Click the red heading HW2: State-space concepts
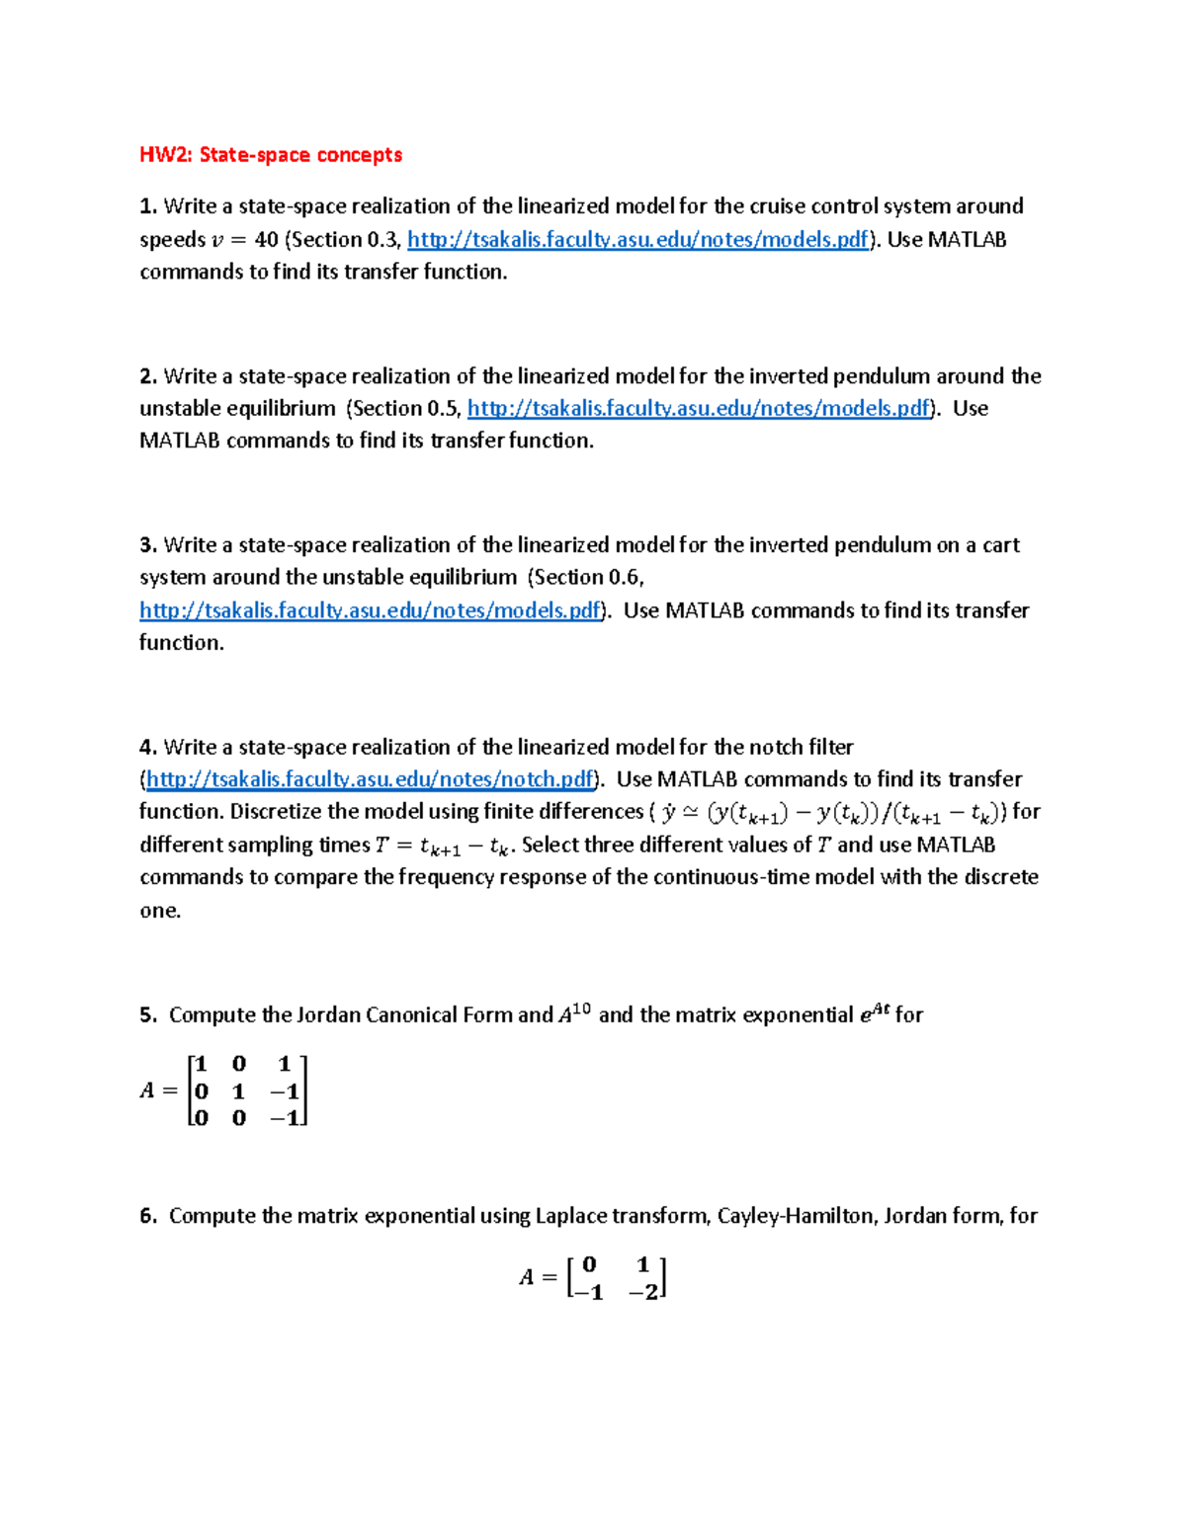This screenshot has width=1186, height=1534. pyautogui.click(x=270, y=155)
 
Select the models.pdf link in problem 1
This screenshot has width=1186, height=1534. pyautogui.click(x=637, y=240)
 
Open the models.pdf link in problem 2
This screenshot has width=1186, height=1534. pyautogui.click(x=698, y=409)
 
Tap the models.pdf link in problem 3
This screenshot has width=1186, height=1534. pyautogui.click(x=370, y=610)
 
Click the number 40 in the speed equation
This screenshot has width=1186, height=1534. pyautogui.click(x=266, y=240)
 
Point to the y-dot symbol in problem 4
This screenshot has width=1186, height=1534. pyautogui.click(x=669, y=812)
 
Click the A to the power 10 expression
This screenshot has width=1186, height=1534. pyautogui.click(x=574, y=1014)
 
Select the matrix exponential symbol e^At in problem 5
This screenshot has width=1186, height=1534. pyautogui.click(x=875, y=1013)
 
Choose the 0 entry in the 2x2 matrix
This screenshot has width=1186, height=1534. pyautogui.click(x=590, y=1264)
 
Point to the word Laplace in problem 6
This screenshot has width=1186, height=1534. pyautogui.click(x=570, y=1216)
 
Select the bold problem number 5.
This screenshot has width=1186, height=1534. pyautogui.click(x=147, y=1015)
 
